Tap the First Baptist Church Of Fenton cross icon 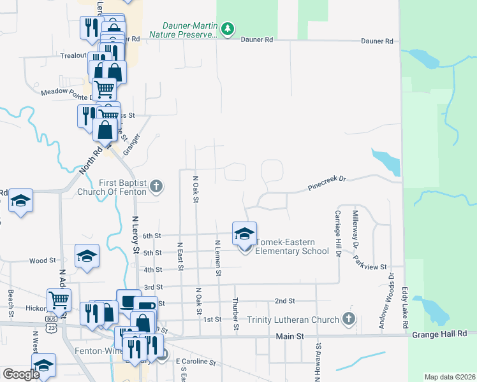(x=157, y=187)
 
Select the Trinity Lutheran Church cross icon (x=348, y=318)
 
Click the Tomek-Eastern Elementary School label (x=292, y=246)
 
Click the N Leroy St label (x=135, y=234)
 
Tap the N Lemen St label (x=218, y=258)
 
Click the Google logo (x=21, y=374)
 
